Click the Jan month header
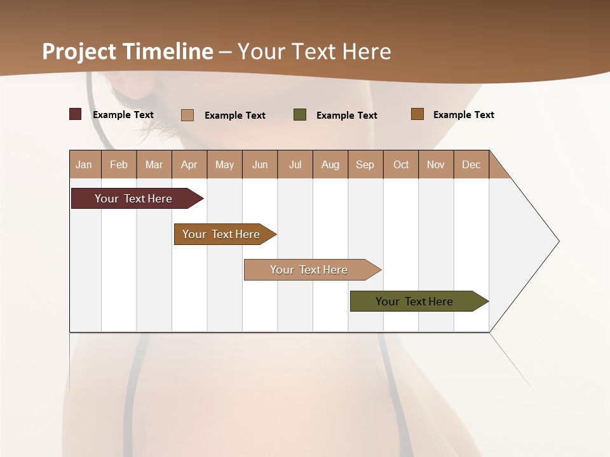point(84,164)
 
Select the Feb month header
point(119,164)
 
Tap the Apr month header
point(189,164)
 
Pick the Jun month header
point(260,164)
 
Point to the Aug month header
point(330,164)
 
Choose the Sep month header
point(365,164)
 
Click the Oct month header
point(401,164)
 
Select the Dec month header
point(471,164)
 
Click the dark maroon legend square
point(76,114)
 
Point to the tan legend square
point(187,115)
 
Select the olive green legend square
point(300,115)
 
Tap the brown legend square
point(417,114)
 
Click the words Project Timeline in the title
point(127,51)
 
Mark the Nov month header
point(435,164)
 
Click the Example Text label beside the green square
point(346,116)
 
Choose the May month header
point(224,164)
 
